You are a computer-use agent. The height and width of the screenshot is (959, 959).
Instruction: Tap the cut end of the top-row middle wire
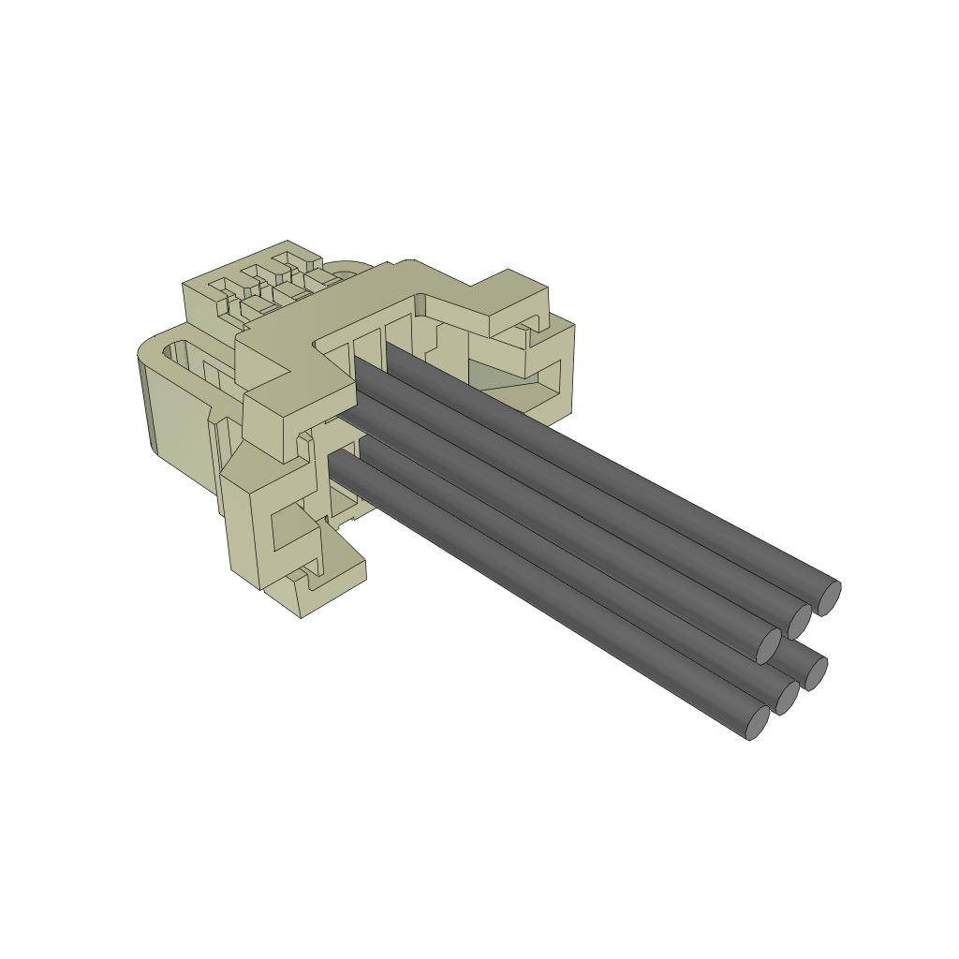799,620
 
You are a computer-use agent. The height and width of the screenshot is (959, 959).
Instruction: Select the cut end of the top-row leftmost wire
768,643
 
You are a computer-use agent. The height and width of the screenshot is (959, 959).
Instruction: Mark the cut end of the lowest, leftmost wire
757,721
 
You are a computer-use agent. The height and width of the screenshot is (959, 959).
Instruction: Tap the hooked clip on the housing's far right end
548,361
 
